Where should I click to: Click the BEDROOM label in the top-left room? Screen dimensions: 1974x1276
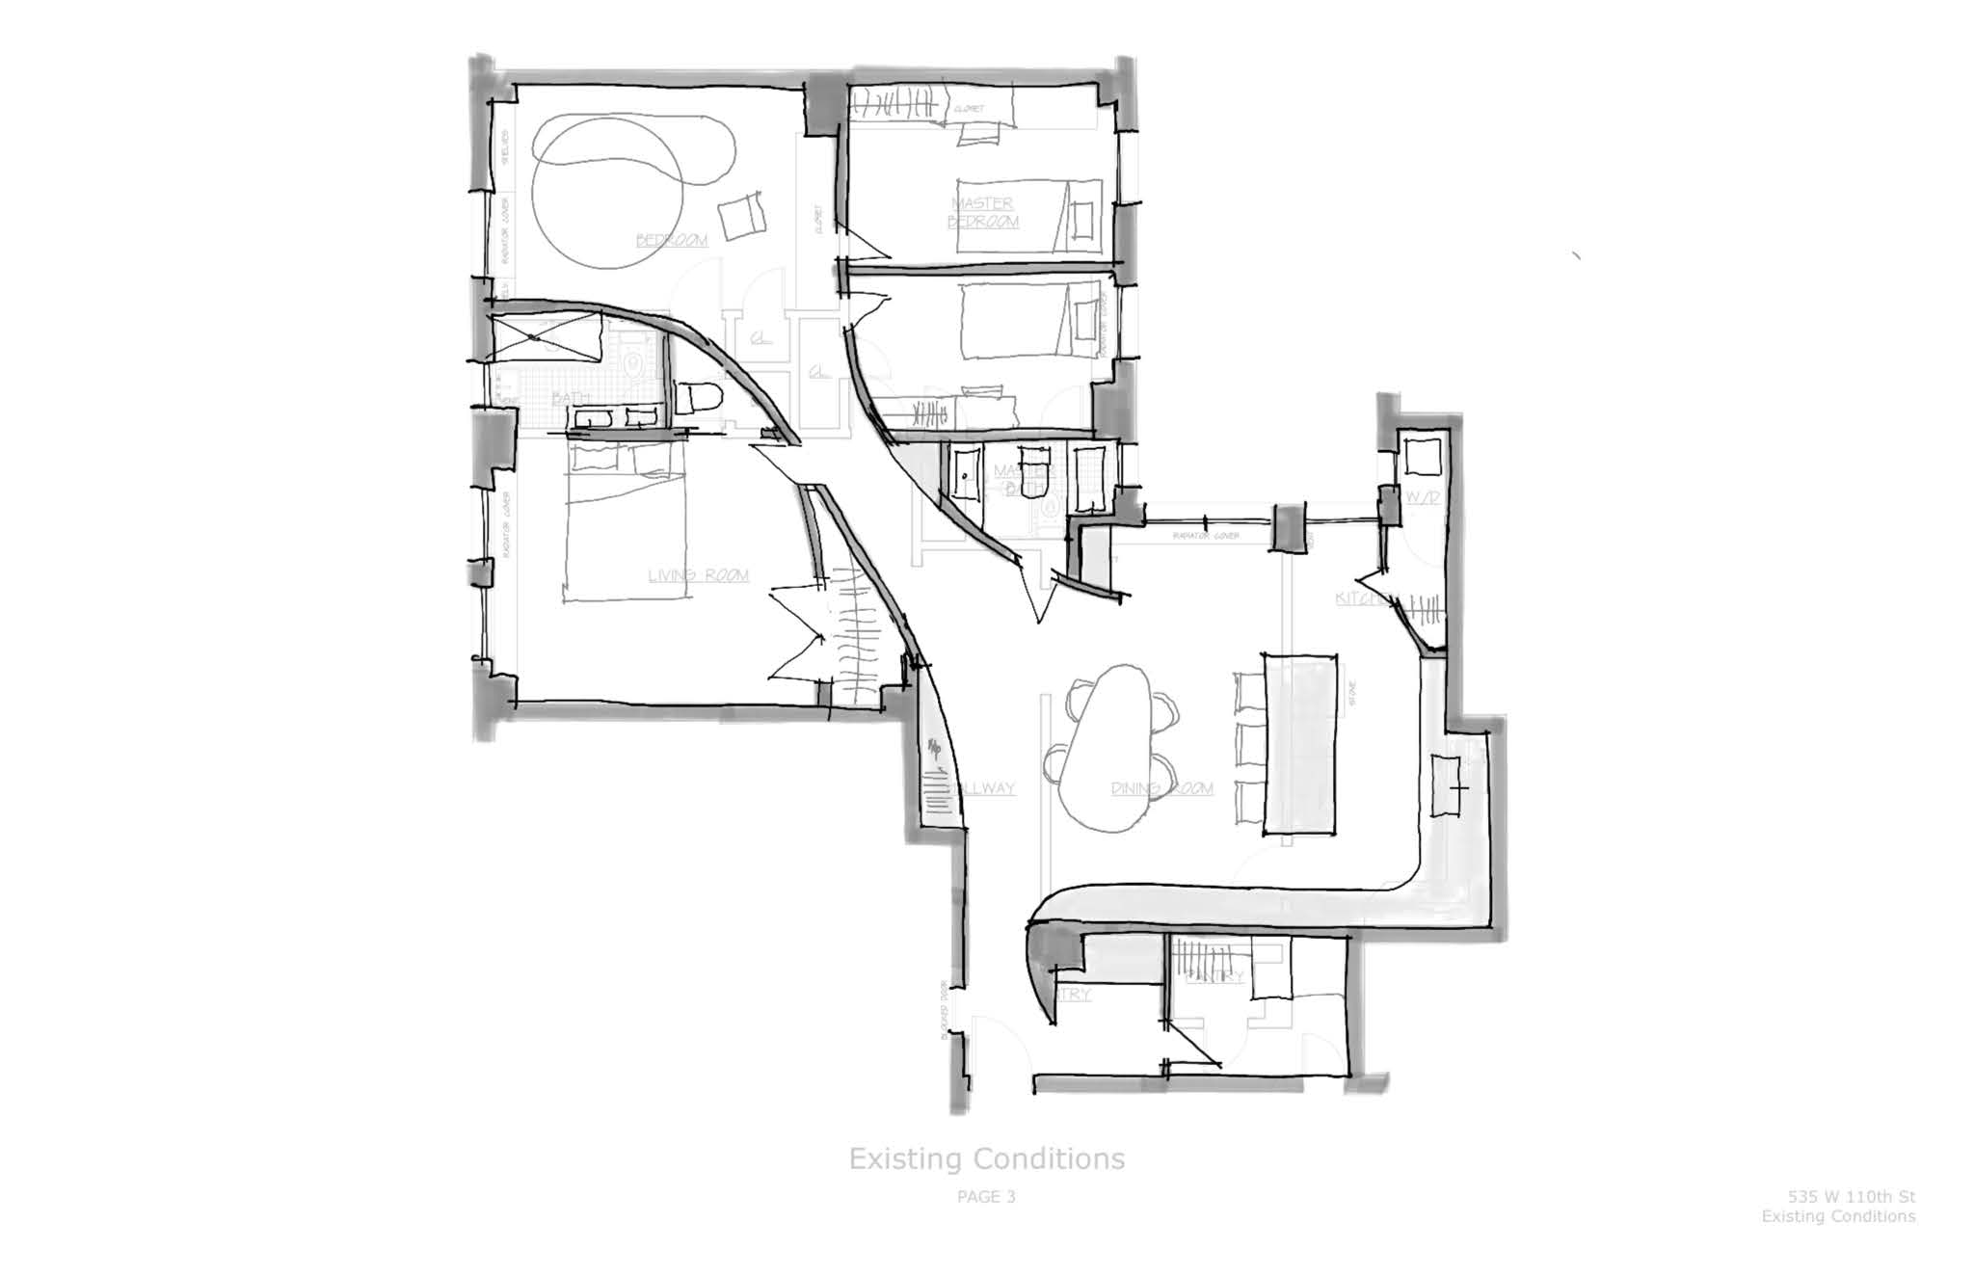point(672,239)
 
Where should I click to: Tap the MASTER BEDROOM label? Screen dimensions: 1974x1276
point(982,212)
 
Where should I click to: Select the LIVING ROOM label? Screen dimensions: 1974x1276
point(698,575)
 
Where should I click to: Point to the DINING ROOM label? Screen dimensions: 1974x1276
point(1161,788)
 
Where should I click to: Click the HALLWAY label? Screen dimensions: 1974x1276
point(982,788)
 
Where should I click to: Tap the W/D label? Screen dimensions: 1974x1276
point(1423,497)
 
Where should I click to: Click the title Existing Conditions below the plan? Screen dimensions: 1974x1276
point(986,1157)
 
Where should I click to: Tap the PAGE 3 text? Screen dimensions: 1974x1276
point(986,1197)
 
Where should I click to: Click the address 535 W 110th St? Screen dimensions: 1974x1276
point(1852,1197)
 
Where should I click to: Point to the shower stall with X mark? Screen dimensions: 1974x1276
point(546,338)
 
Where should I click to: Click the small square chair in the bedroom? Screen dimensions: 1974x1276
point(742,217)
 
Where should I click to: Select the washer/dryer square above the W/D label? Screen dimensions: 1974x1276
point(1422,456)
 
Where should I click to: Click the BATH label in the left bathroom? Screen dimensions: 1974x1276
point(571,398)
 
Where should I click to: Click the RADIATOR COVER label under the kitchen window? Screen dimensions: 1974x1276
point(1205,536)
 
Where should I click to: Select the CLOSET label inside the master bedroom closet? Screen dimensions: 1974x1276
point(969,110)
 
